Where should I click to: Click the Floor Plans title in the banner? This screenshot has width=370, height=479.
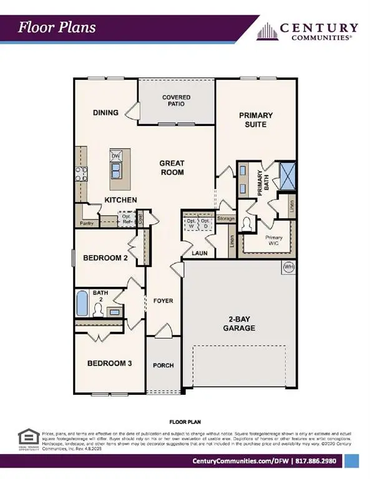point(57,27)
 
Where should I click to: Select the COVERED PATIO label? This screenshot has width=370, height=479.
point(176,102)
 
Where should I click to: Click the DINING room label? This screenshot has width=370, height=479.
point(105,113)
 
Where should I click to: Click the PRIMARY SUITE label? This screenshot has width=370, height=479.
point(253,120)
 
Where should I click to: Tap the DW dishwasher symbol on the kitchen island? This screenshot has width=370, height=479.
point(115,157)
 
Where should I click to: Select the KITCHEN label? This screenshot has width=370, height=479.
point(120,200)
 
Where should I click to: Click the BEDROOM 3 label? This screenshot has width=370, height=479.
point(109,364)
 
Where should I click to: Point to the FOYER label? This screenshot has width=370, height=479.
point(163,301)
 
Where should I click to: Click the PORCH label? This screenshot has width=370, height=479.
point(163,365)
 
